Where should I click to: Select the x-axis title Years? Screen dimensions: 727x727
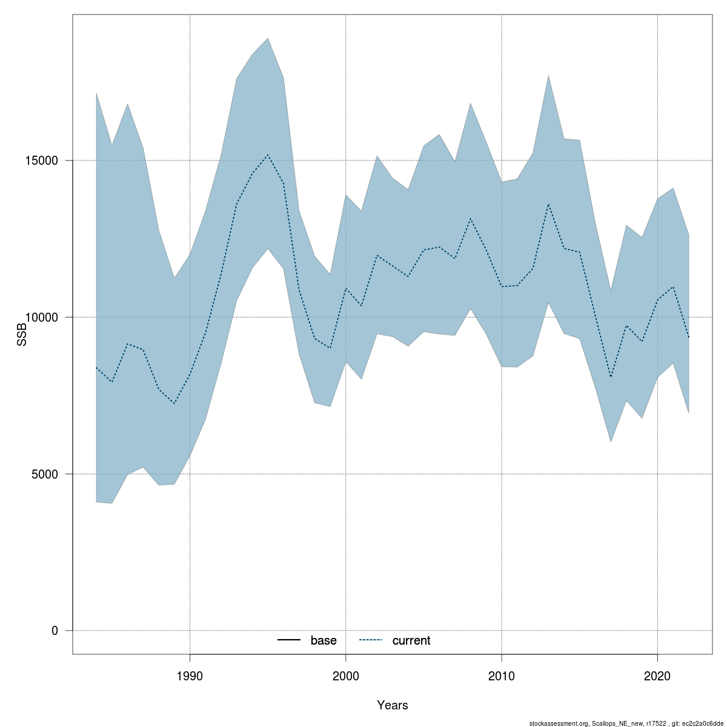click(x=393, y=705)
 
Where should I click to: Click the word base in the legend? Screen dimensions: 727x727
click(x=324, y=640)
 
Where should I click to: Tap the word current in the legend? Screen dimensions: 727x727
click(x=411, y=640)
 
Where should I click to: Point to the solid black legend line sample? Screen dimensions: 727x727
click(x=290, y=640)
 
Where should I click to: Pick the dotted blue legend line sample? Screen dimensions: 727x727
click(x=371, y=640)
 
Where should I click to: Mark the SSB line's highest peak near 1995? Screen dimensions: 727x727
click(x=268, y=154)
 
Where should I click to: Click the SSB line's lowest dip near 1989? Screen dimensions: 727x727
click(x=174, y=403)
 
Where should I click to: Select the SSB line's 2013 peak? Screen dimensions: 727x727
click(x=548, y=204)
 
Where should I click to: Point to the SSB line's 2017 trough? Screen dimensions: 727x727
click(x=611, y=377)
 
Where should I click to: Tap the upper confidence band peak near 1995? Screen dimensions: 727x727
click(x=268, y=38)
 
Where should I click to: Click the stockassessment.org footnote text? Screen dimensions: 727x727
click(x=626, y=723)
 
